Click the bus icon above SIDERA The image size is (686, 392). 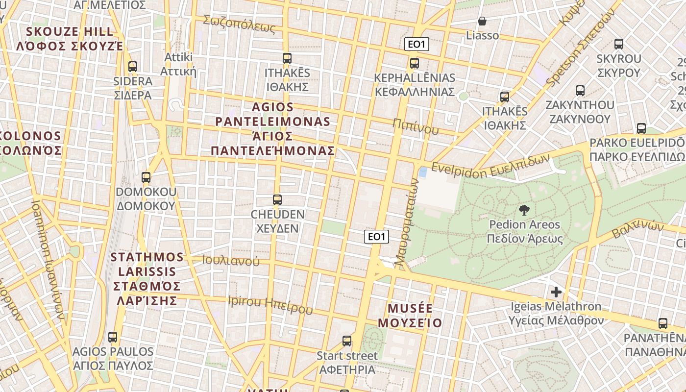[x=132, y=66]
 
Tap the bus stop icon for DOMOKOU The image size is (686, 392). [x=146, y=177]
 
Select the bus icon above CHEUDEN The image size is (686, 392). [x=277, y=199]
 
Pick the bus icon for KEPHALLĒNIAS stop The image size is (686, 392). [x=415, y=63]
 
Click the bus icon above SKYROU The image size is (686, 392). [x=619, y=44]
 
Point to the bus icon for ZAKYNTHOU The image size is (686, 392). [x=580, y=90]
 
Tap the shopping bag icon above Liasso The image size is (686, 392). [x=482, y=21]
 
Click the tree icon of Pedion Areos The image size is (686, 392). [x=524, y=210]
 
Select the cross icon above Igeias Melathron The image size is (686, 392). [x=556, y=292]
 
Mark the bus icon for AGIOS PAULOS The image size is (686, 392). [x=113, y=337]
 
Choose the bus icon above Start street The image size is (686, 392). [x=347, y=341]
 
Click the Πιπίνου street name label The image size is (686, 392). [x=416, y=126]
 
